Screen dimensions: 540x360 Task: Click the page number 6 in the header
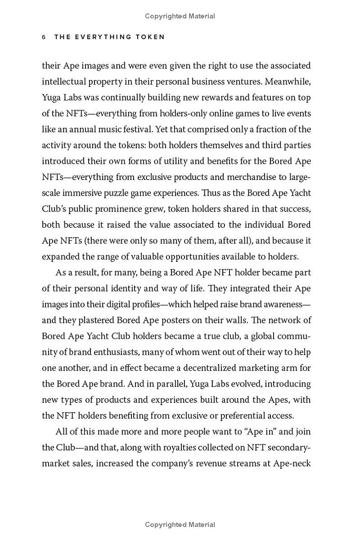point(44,37)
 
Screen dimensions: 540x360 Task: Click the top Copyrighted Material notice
point(180,16)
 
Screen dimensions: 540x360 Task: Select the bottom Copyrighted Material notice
point(180,525)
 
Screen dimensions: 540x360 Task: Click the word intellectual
point(64,81)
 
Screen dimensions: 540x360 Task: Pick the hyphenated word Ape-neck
point(292,463)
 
